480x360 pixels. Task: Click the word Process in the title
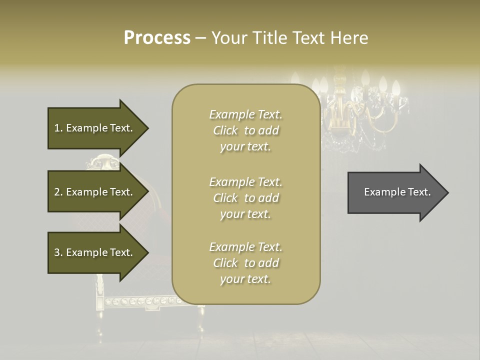coord(157,37)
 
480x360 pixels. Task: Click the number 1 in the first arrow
coord(57,128)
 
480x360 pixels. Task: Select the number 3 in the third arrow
coord(57,252)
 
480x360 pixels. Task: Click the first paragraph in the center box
coord(245,130)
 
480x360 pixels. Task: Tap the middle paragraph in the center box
coord(245,198)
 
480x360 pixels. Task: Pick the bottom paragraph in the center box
coord(245,263)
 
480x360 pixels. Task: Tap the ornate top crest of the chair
coord(102,162)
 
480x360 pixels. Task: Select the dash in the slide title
coord(200,38)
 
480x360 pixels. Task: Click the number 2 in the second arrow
coord(57,192)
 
